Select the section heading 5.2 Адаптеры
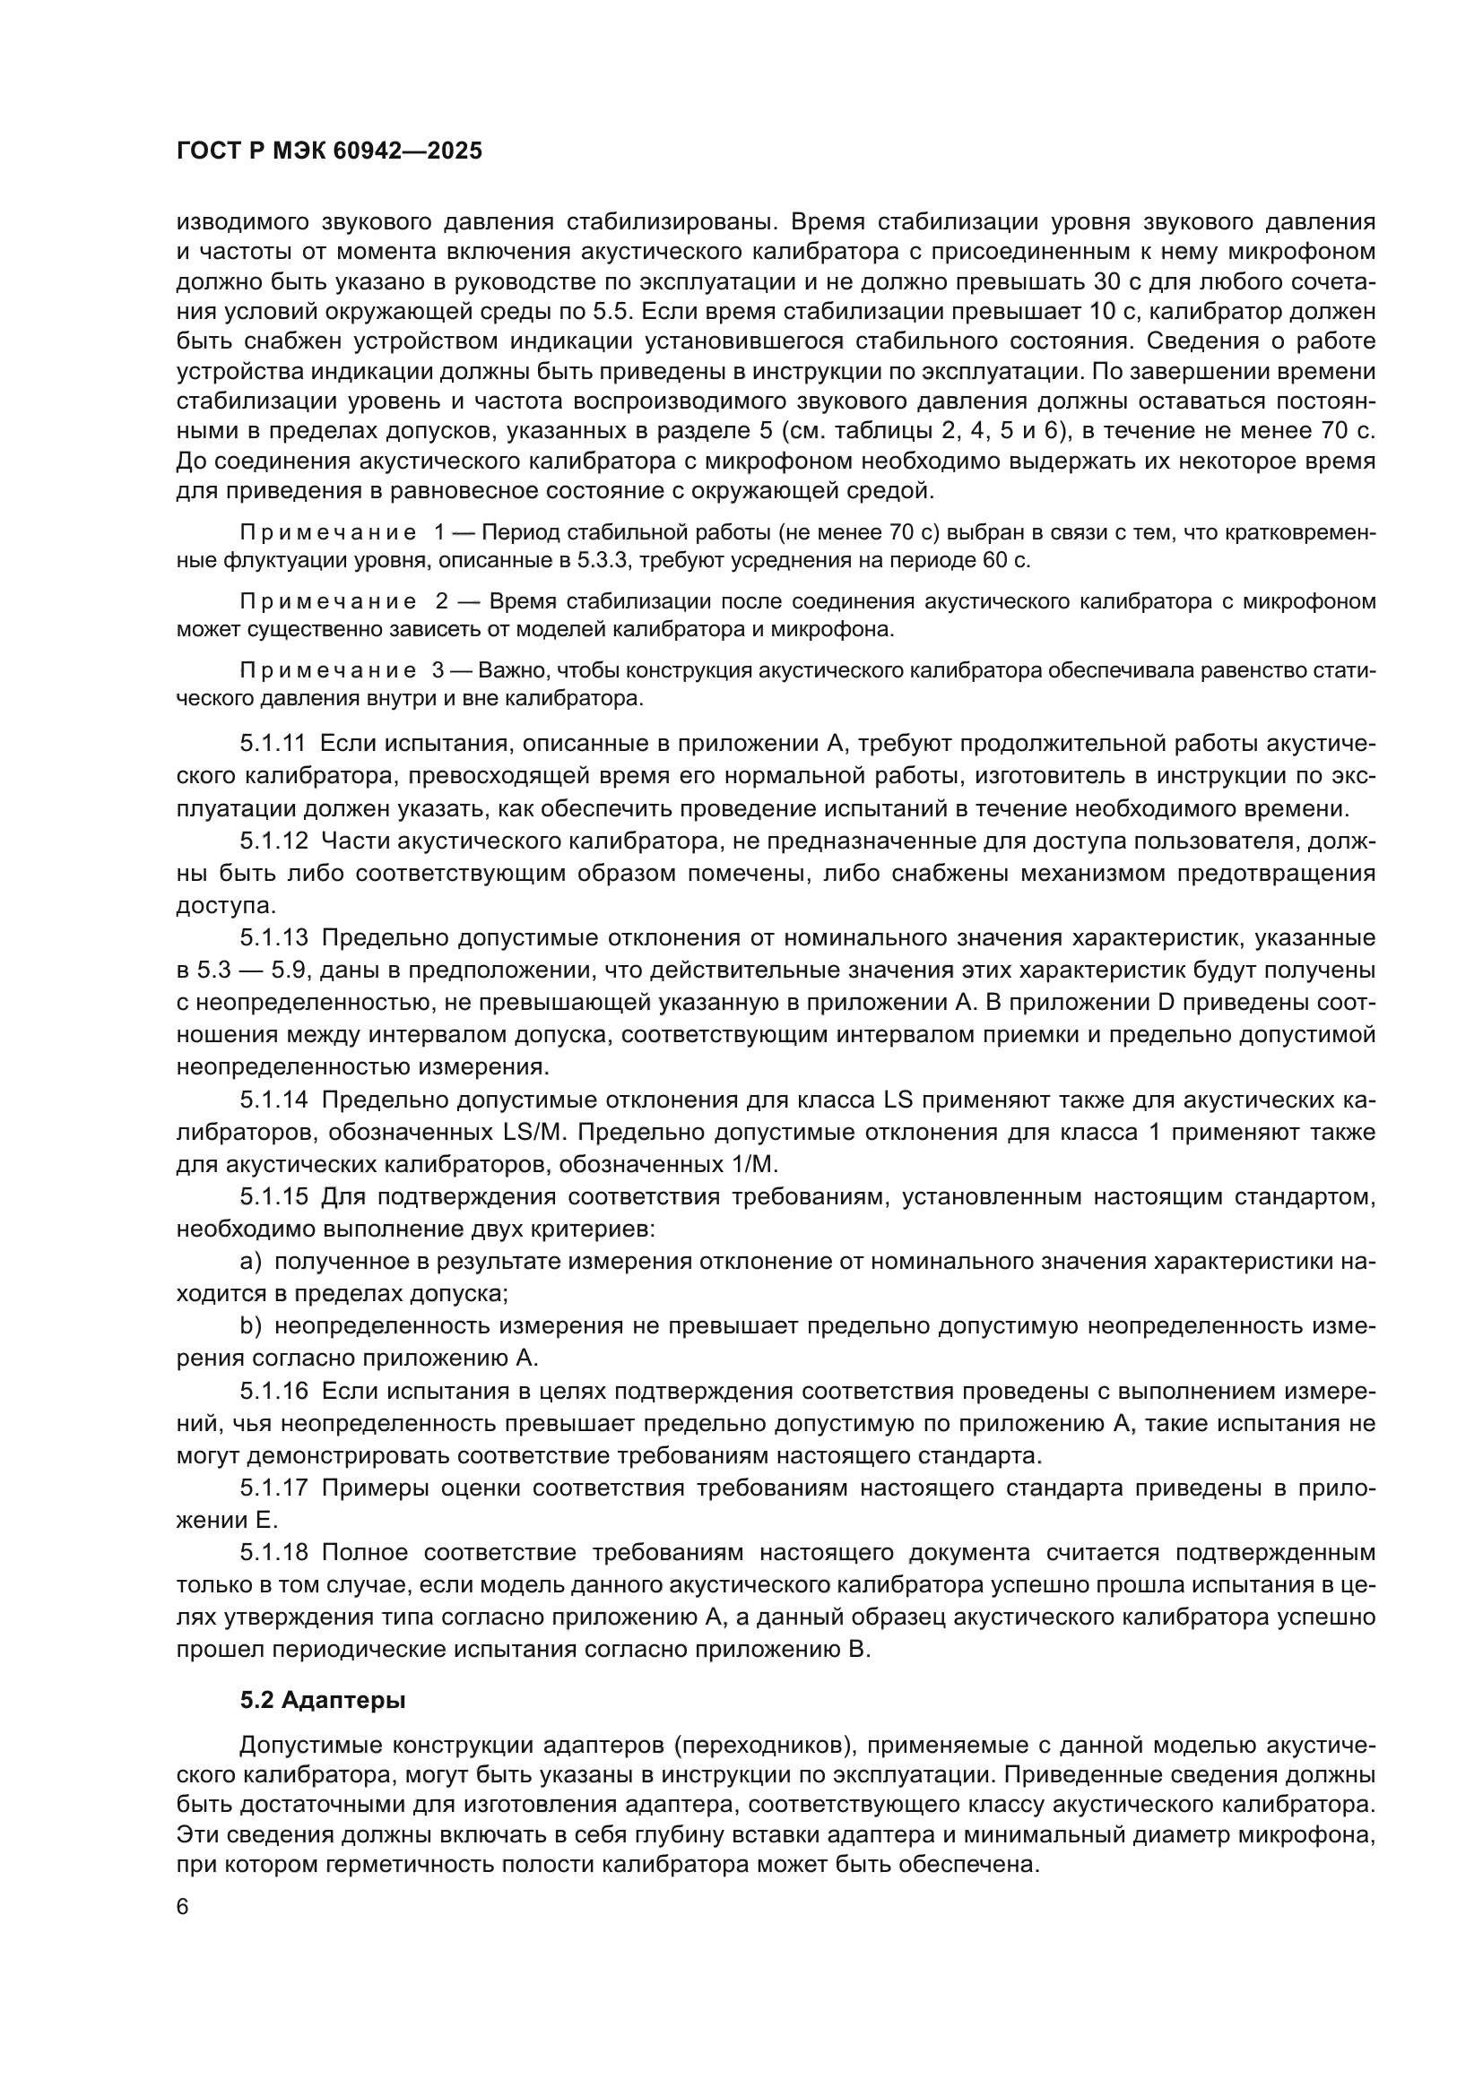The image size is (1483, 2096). [x=324, y=1700]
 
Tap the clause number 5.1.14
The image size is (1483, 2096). [x=273, y=1100]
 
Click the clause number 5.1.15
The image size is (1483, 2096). [x=273, y=1197]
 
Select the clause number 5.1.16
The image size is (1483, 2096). [x=273, y=1392]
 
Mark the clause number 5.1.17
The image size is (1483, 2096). [x=273, y=1488]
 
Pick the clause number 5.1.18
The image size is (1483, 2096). [x=273, y=1553]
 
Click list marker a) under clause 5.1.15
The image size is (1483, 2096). [x=250, y=1262]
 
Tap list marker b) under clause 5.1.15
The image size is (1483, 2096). [x=250, y=1326]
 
